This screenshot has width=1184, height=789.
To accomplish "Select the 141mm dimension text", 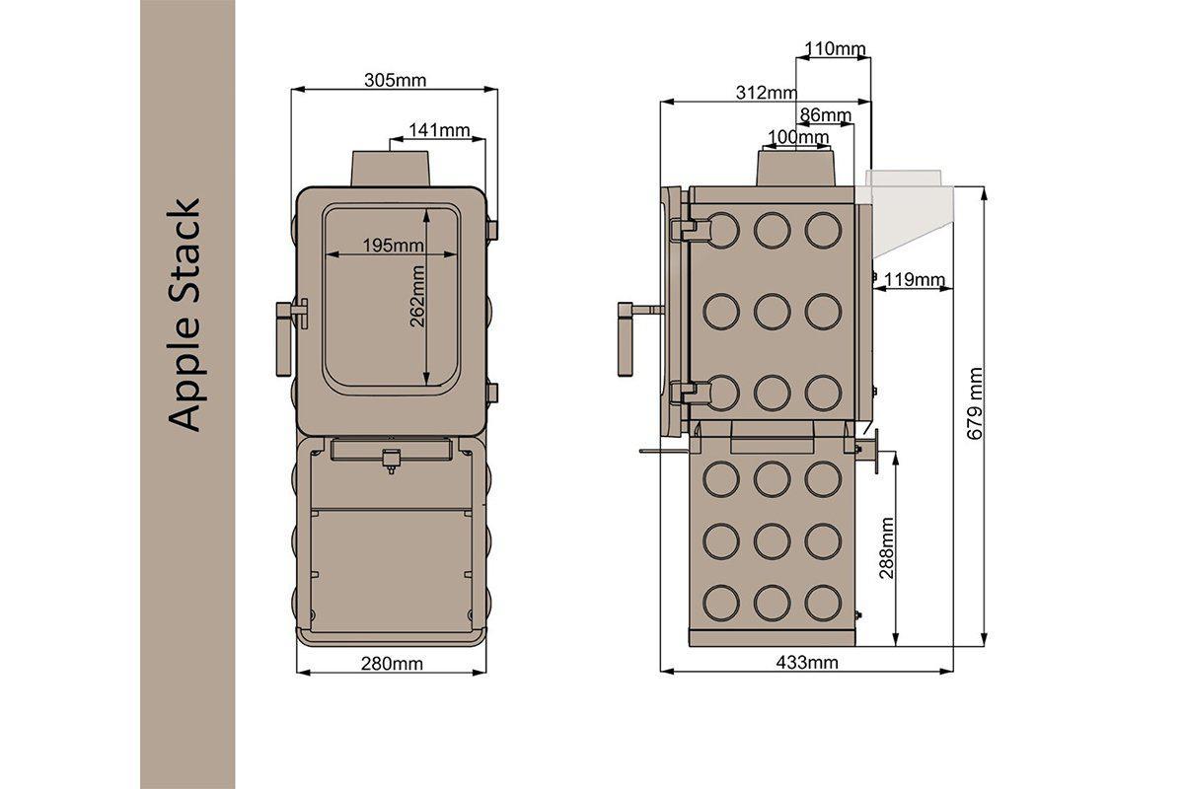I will point(439,130).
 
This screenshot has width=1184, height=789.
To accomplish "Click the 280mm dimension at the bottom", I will point(392,663).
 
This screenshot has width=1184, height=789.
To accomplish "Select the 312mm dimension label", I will point(766,93).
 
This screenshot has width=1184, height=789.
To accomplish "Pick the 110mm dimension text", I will point(835,48).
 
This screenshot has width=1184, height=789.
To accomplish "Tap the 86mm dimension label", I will point(825,115).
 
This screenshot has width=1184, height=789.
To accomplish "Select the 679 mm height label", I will point(975,404).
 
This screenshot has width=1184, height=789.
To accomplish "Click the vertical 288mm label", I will point(886,547).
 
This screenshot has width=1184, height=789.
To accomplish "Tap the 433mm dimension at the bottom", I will point(807,663).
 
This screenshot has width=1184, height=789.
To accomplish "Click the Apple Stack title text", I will point(185,316).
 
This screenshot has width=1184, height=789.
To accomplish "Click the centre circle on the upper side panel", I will point(772,311).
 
